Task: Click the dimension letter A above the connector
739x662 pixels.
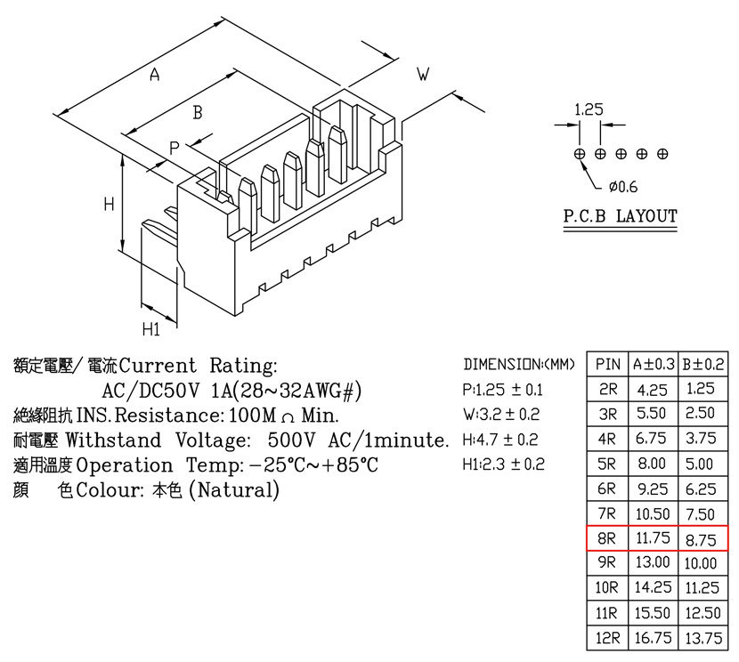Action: [155, 75]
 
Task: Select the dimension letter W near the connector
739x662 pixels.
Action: [423, 74]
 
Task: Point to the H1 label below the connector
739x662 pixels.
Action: [151, 328]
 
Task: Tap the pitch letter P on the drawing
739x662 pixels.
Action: [175, 148]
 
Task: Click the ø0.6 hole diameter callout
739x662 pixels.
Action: [623, 187]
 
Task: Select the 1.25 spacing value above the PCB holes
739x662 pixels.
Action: [589, 109]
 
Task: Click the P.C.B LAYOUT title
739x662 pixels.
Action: [621, 216]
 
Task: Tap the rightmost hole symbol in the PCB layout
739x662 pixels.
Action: [662, 154]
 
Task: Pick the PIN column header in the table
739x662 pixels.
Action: [607, 364]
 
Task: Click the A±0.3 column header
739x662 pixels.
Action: [654, 364]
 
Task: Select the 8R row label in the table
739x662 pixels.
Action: [606, 537]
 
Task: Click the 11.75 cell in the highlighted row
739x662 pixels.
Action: [653, 537]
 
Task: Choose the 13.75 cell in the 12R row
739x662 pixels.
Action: [703, 639]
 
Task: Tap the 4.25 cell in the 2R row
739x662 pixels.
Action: [653, 390]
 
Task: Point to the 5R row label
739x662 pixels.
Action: [606, 464]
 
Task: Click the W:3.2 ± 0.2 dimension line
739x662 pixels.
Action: [501, 415]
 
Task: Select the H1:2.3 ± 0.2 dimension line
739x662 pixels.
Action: [503, 464]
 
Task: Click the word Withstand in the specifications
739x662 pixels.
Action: [113, 440]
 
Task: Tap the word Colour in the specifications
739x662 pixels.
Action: [110, 489]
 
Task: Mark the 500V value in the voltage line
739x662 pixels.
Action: [292, 440]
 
